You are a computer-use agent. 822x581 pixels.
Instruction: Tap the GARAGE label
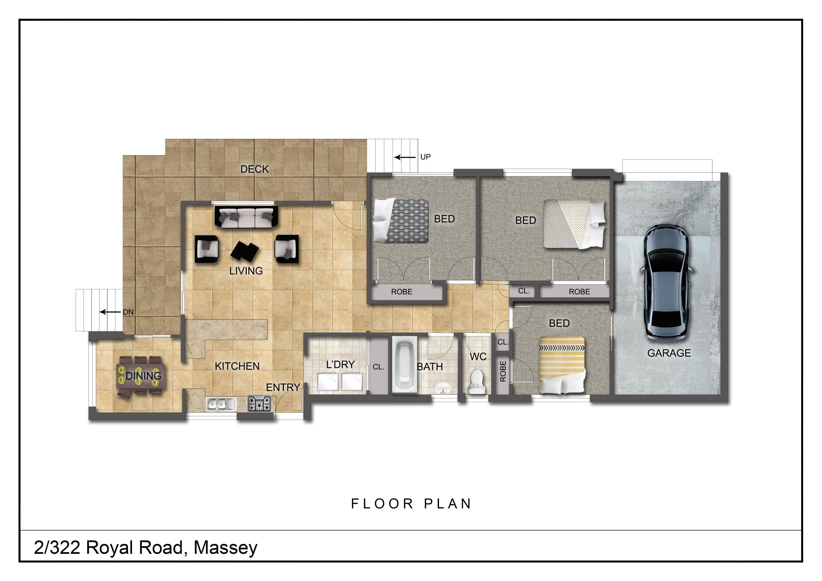(669, 353)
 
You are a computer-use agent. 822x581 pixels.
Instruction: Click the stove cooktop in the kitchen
(259, 404)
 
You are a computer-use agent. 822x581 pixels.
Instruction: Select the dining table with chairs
(141, 376)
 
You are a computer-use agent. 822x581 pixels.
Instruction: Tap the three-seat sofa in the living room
(246, 217)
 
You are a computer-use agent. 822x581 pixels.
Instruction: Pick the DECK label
(254, 169)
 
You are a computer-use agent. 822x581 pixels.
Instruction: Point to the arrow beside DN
(110, 312)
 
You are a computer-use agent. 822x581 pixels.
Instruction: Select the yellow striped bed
(562, 365)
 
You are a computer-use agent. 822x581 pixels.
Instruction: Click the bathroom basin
(443, 388)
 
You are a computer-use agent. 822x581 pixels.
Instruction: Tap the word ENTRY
(283, 387)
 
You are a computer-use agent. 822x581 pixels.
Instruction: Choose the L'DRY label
(340, 365)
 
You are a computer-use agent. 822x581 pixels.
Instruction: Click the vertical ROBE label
(503, 371)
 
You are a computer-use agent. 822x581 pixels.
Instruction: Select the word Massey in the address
(225, 548)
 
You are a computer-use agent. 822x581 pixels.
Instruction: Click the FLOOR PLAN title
(411, 504)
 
